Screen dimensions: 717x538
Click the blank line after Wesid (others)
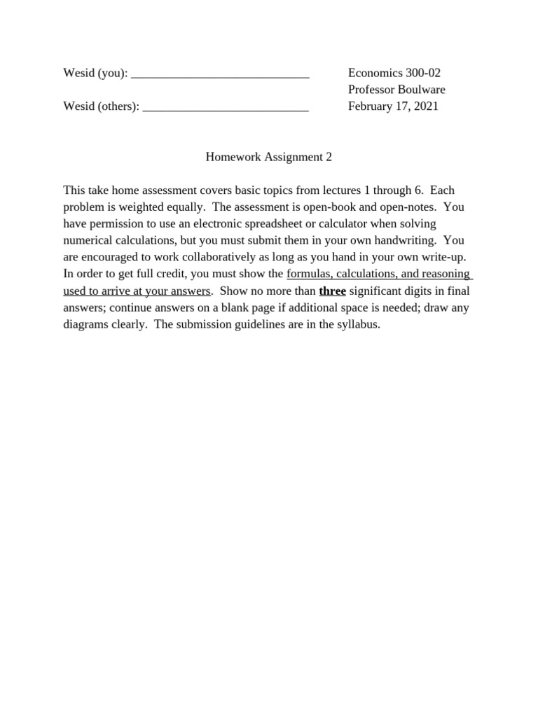click(x=225, y=109)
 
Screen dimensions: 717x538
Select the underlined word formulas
click(x=309, y=274)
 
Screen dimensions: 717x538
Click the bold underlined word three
click(x=332, y=291)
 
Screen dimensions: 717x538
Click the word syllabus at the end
click(x=358, y=325)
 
